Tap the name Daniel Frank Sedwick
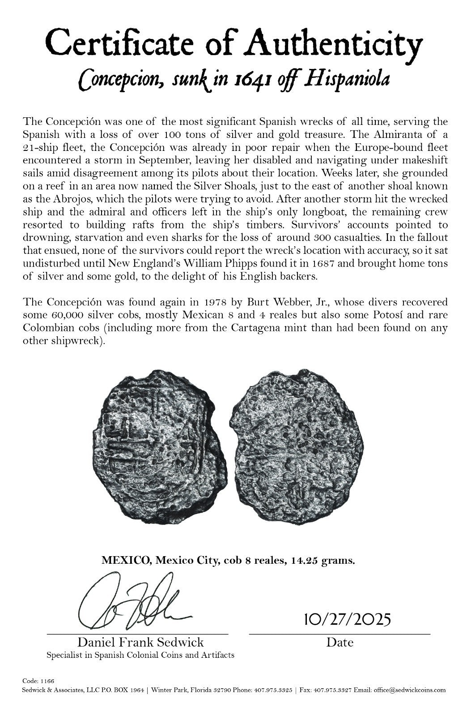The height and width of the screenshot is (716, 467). click(140, 642)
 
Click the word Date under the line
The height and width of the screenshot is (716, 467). click(340, 642)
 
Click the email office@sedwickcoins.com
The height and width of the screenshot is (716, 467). click(411, 690)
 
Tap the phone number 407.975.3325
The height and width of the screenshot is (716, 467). click(273, 690)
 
